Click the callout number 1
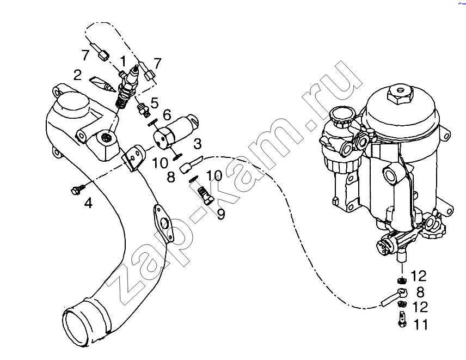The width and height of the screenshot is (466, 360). point(122,62)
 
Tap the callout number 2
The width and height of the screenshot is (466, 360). point(77,75)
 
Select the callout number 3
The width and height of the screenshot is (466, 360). point(198,144)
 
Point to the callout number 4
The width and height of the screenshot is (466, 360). point(88,203)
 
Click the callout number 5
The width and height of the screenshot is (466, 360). point(155,103)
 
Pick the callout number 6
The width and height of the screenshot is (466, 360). point(167,115)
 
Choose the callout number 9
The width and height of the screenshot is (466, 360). point(221,215)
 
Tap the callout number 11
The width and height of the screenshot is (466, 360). point(420,325)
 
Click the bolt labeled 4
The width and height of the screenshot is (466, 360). point(77,189)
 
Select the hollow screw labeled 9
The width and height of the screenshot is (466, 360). point(205,196)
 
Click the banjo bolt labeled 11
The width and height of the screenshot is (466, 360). point(402,319)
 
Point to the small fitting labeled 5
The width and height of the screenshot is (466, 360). point(143,109)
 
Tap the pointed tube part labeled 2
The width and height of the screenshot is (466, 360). point(102,84)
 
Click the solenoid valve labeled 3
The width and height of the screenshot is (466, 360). point(176,131)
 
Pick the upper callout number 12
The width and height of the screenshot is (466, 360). point(419,276)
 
